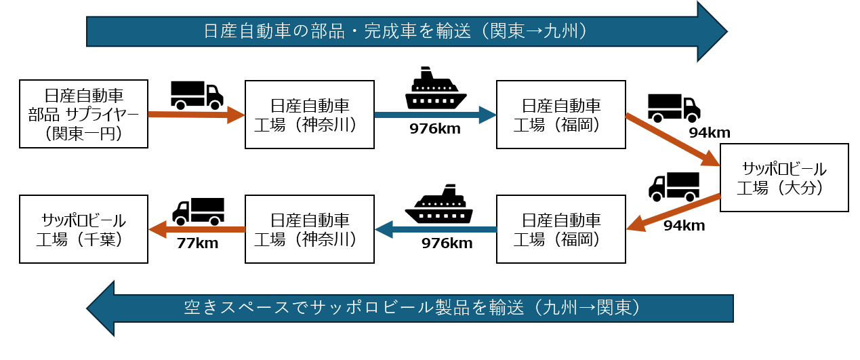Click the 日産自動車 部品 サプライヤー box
[83, 114]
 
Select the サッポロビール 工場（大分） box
[784, 178]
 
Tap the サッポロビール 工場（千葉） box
[83, 229]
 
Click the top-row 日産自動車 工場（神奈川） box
[309, 114]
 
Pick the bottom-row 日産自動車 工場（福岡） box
[560, 229]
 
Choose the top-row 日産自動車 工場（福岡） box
[560, 114]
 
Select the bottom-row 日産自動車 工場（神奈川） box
[309, 229]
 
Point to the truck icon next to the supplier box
[197, 95]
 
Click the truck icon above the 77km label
[198, 211]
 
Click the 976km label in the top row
[435, 129]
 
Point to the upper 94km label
[708, 132]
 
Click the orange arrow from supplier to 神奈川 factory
[195, 115]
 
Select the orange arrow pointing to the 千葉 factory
[197, 229]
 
